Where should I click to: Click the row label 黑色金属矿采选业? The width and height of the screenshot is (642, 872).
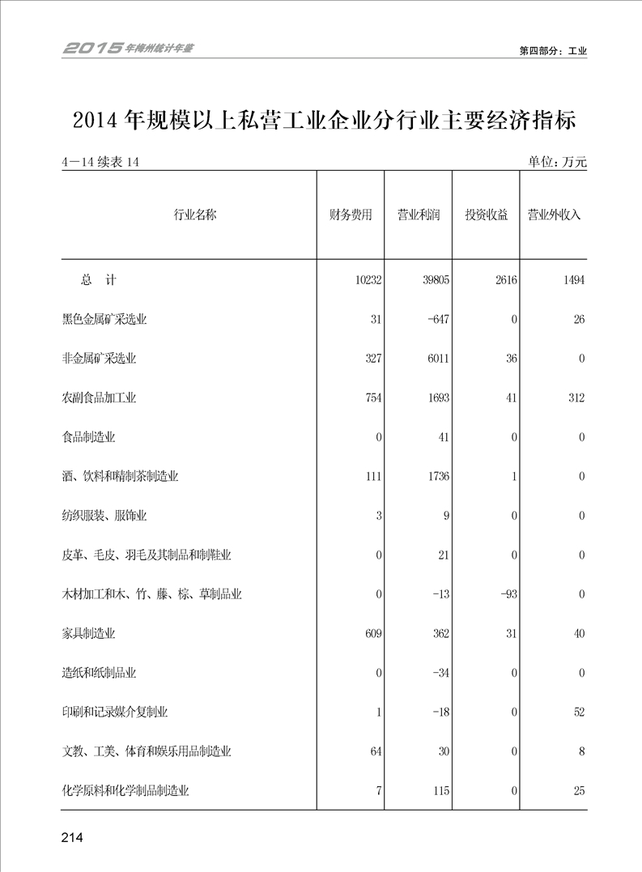point(104,319)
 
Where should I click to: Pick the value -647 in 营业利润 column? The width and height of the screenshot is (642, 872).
point(438,319)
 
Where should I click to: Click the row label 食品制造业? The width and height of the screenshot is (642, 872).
point(88,437)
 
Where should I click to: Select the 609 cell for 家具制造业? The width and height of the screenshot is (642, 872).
point(372,634)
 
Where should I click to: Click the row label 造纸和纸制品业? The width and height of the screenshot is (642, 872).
point(99,673)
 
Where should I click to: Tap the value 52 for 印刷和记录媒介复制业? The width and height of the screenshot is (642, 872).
point(578,712)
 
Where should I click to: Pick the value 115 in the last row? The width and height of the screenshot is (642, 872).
point(440,791)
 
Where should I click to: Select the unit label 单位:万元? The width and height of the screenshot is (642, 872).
point(557,163)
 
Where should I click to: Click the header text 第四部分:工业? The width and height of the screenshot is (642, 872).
point(552,50)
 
